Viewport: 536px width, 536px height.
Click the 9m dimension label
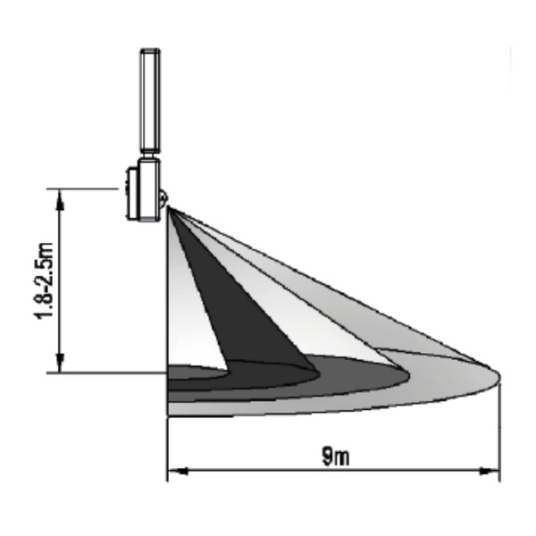point(336,456)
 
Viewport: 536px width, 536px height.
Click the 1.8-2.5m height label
point(45,281)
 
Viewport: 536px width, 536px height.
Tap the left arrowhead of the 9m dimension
point(178,472)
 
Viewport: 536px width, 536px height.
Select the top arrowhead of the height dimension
point(60,199)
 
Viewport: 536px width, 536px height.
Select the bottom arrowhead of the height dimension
point(60,363)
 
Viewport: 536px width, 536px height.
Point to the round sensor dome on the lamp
point(163,198)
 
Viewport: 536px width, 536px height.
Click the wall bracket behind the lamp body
point(132,194)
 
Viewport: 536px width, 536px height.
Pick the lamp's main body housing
point(148,190)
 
